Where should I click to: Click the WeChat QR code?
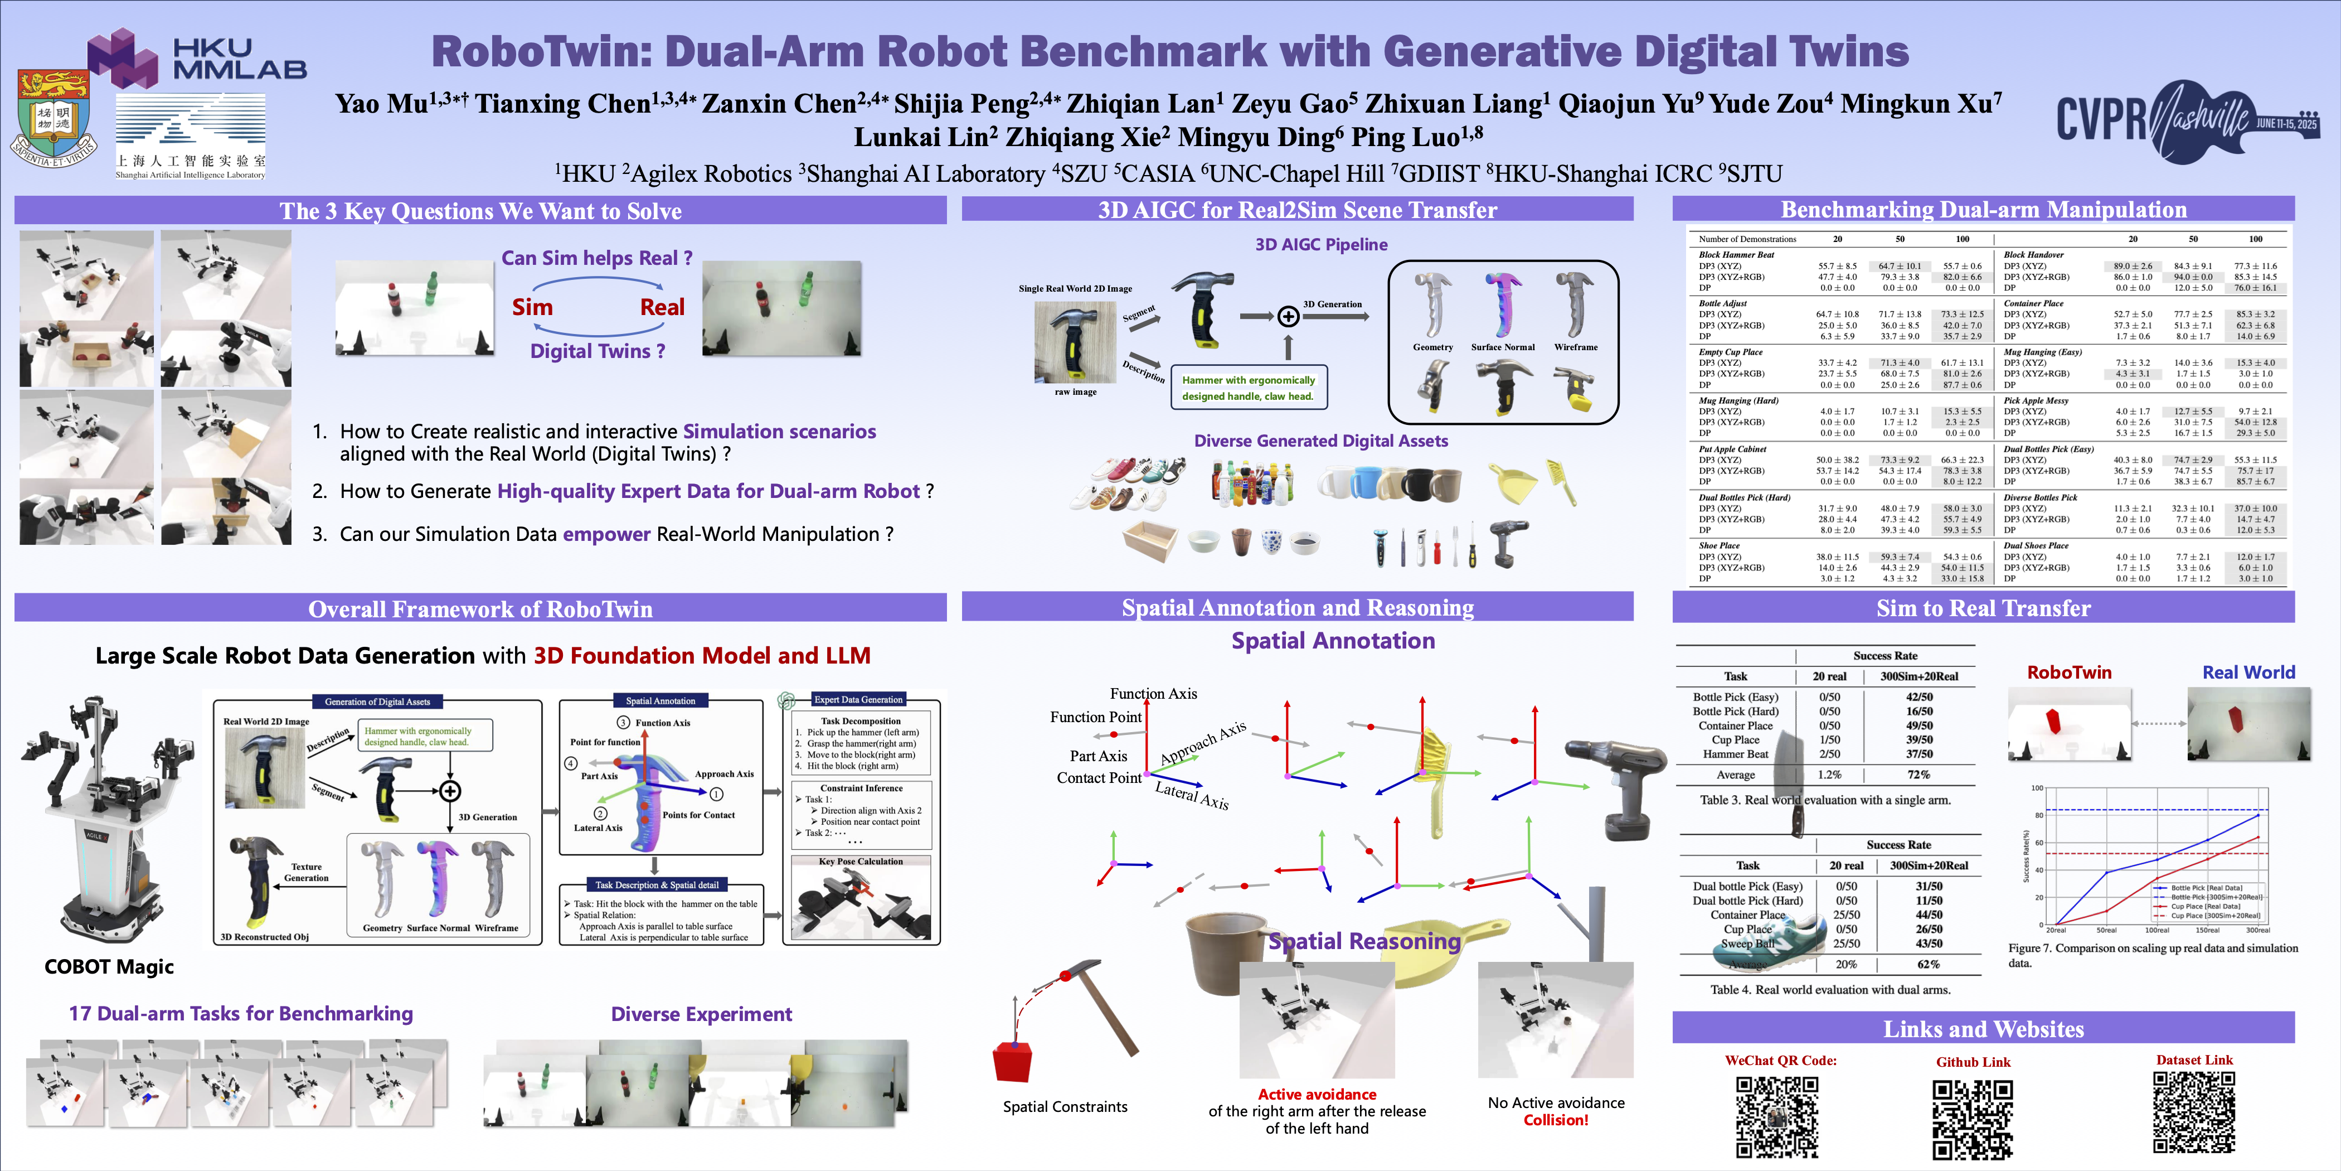point(1777,1116)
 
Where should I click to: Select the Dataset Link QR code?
point(2194,1113)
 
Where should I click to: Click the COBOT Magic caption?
point(109,966)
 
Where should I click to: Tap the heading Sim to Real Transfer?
point(1983,608)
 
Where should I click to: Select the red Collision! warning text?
point(1556,1120)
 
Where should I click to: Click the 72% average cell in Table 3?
point(1919,775)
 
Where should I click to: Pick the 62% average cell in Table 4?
point(1929,964)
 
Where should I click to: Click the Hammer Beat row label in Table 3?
point(1735,754)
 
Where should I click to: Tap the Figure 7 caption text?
point(2152,955)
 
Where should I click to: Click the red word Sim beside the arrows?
point(532,307)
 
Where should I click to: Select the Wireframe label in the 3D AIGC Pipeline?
point(1576,347)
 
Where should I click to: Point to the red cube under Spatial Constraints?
point(1012,1061)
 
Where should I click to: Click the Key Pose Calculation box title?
point(861,861)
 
